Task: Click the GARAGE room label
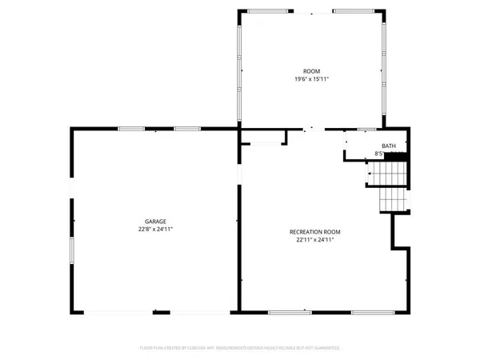click(155, 222)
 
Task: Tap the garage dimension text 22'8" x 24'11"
click(155, 229)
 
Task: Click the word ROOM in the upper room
click(311, 71)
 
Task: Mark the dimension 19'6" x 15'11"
click(311, 78)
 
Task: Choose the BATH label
click(389, 146)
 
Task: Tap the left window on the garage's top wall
click(130, 128)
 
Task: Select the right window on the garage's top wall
click(186, 128)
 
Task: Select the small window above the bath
click(367, 129)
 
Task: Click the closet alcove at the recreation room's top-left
click(263, 138)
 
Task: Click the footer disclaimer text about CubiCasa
click(240, 348)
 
